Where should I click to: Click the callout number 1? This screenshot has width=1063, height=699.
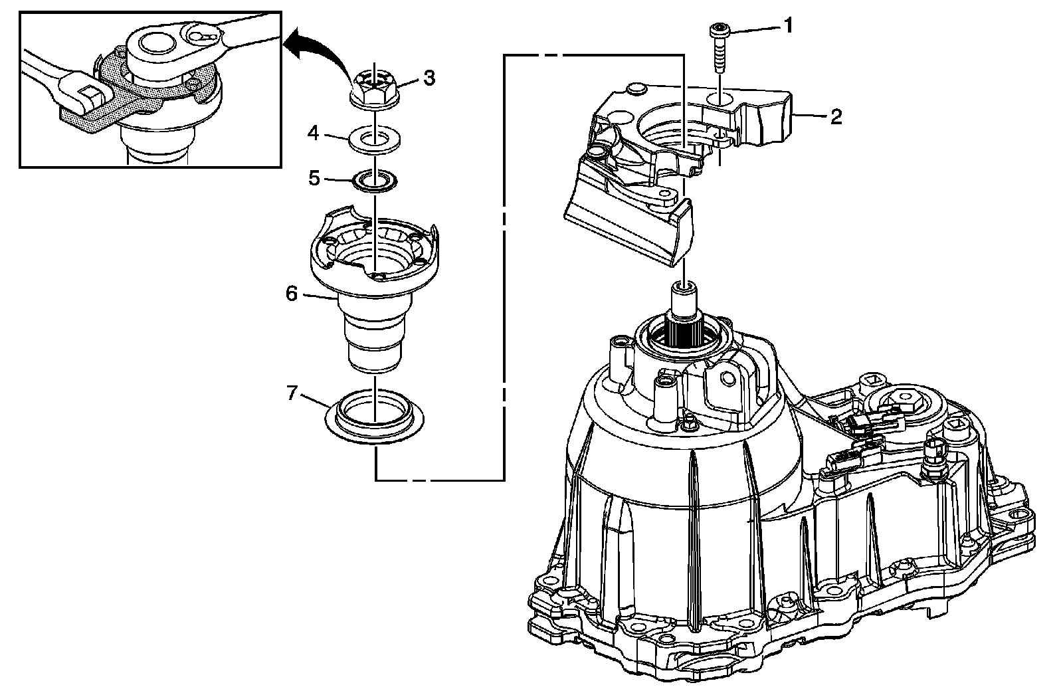(788, 27)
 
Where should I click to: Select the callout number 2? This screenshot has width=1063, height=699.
(836, 117)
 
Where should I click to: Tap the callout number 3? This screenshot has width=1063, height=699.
(429, 78)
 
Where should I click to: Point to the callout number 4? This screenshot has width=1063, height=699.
(314, 134)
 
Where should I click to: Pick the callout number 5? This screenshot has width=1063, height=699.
(314, 179)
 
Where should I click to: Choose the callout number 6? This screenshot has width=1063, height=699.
(292, 293)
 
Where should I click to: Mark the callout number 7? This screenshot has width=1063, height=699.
(291, 393)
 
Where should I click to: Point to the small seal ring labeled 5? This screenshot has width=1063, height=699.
(374, 181)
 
